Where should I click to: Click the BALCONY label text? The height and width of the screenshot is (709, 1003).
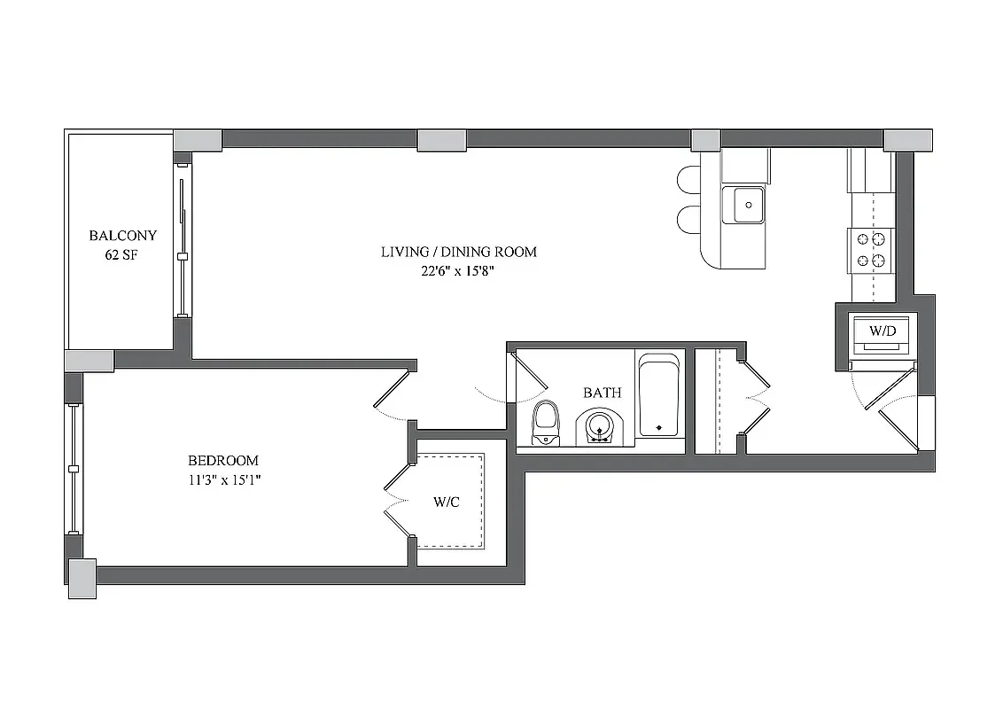(122, 236)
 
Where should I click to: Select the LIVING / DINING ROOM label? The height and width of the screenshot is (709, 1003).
(458, 252)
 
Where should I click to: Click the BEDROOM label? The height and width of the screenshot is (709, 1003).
(223, 461)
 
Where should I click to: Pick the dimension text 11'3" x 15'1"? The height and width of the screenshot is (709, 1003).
(223, 480)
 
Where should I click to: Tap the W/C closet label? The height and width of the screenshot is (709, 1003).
(446, 502)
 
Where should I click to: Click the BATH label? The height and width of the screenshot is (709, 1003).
(602, 393)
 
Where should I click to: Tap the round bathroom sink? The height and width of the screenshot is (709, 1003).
(601, 425)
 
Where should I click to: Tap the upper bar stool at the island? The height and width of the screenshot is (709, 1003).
(688, 180)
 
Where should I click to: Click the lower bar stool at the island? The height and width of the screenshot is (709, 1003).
(688, 220)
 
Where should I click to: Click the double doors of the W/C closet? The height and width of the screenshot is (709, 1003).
(398, 501)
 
